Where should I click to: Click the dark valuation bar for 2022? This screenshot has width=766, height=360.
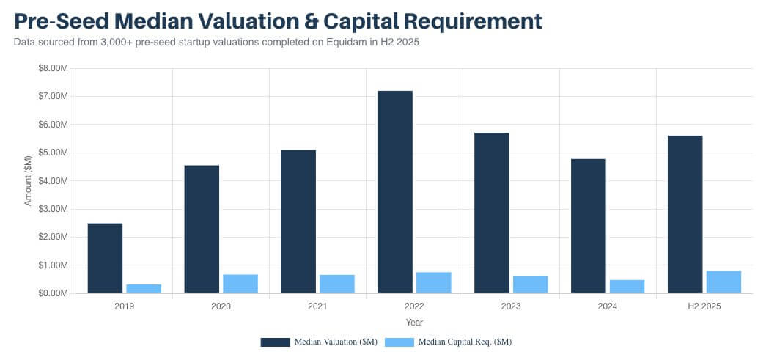pyautogui.click(x=395, y=192)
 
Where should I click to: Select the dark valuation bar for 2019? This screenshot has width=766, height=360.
pyautogui.click(x=105, y=258)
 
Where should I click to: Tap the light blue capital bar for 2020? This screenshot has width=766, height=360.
pyautogui.click(x=240, y=284)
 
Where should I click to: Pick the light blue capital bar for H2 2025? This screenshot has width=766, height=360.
pyautogui.click(x=723, y=282)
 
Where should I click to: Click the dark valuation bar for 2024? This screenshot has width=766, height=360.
pyautogui.click(x=589, y=226)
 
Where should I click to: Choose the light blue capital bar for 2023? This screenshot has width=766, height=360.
pyautogui.click(x=530, y=284)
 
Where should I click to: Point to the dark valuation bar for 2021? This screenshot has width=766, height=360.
pyautogui.click(x=298, y=221)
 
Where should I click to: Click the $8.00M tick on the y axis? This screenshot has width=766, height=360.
pyautogui.click(x=54, y=68)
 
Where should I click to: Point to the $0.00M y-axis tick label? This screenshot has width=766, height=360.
pyautogui.click(x=54, y=293)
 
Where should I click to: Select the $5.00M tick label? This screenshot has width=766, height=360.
pyautogui.click(x=54, y=153)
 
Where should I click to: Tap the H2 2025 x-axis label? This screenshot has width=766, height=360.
pyautogui.click(x=704, y=306)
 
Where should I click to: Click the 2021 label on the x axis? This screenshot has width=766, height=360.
pyautogui.click(x=317, y=306)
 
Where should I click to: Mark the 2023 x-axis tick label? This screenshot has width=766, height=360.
pyautogui.click(x=511, y=306)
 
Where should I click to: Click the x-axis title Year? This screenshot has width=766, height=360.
pyautogui.click(x=414, y=322)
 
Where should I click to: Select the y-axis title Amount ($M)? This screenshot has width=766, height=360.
pyautogui.click(x=28, y=180)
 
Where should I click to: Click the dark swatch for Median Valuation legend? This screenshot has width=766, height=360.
pyautogui.click(x=275, y=342)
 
